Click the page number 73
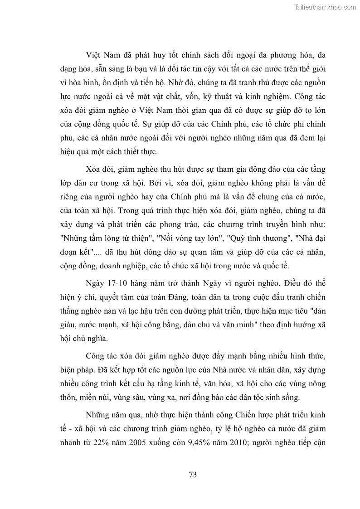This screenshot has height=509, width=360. point(192,475)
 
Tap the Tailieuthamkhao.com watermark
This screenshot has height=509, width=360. point(326,7)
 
